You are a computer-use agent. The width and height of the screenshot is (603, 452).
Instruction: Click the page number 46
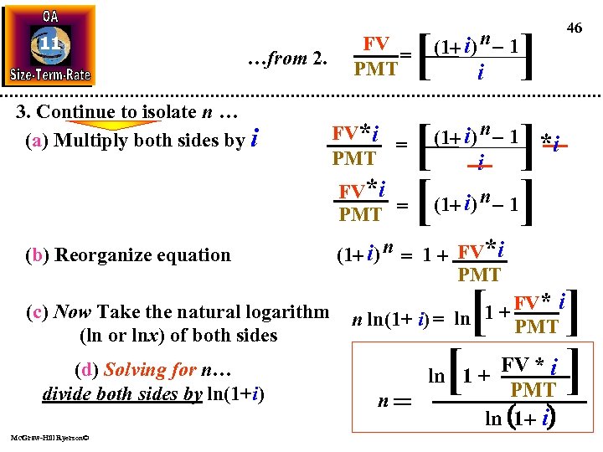coord(574,28)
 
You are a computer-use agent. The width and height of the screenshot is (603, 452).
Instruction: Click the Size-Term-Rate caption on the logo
coord(50,74)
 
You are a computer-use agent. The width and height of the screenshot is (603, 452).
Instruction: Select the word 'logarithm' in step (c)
coord(284,312)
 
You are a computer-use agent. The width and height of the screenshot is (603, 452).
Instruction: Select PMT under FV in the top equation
coord(376,69)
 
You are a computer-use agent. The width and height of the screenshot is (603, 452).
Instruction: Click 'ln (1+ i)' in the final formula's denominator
coord(520,417)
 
